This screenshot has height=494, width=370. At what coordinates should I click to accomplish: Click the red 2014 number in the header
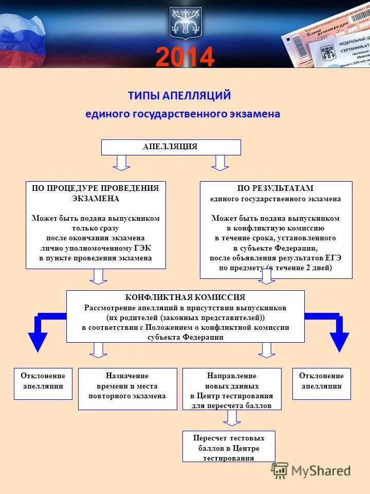click(184, 57)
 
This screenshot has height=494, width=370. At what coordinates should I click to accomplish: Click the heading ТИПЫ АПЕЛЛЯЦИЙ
click(179, 96)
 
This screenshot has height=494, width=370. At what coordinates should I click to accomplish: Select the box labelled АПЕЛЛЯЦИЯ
click(171, 147)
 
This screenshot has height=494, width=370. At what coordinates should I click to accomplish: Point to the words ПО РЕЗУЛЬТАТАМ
click(275, 188)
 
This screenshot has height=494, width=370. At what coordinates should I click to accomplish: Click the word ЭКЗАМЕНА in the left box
click(96, 198)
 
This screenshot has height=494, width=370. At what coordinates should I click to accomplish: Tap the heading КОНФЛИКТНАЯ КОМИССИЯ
click(185, 297)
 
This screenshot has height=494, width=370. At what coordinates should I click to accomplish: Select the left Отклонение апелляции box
click(43, 383)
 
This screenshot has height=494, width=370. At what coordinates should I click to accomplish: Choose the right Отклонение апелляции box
click(322, 383)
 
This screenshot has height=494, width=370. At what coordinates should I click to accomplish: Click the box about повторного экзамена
click(127, 389)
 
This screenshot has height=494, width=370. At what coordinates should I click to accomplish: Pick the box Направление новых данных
click(232, 389)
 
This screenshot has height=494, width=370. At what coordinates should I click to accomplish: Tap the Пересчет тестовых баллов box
click(229, 446)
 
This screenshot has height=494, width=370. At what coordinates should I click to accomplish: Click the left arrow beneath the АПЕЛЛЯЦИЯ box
click(122, 162)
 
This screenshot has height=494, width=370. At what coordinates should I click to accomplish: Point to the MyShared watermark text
click(321, 471)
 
